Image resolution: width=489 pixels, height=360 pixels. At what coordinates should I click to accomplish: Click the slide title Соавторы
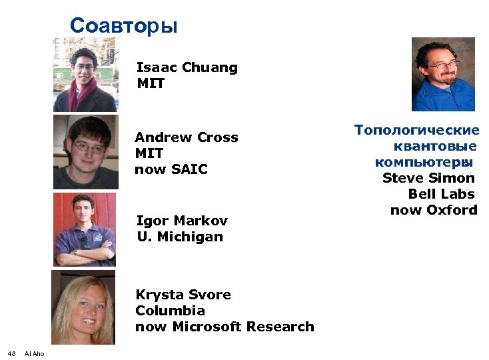point(123,26)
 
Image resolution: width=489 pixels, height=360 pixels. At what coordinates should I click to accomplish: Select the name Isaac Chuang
point(187,67)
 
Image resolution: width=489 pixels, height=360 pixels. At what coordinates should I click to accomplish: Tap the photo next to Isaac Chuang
point(85,75)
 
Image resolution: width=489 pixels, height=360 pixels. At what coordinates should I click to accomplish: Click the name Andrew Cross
point(186,137)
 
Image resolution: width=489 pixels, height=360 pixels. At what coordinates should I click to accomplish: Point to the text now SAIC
point(171,169)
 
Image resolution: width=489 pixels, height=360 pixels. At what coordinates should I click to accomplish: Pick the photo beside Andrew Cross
point(85,153)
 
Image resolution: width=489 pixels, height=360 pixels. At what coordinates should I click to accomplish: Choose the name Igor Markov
point(181,221)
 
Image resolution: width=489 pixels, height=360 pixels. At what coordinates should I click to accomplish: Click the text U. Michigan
point(179,237)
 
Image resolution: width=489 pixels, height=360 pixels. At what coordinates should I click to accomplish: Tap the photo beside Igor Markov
point(85,229)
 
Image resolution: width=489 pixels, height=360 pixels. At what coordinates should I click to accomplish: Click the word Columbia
point(170,311)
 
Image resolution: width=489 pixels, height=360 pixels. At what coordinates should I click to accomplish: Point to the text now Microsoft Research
point(225,327)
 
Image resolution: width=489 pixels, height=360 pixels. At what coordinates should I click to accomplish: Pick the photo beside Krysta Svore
point(84,307)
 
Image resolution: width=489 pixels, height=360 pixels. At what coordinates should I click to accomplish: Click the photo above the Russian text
point(443,74)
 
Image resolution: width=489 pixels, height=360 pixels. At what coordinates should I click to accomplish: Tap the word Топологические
point(416,130)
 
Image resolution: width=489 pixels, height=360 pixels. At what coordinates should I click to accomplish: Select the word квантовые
point(435,146)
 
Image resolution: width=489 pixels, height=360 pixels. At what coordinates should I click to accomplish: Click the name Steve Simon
point(428,178)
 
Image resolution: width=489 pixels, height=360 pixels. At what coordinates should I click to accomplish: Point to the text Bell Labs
point(441,194)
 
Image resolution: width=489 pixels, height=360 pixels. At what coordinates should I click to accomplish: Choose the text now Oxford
point(434,210)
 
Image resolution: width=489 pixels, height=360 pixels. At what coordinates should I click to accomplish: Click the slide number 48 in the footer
point(11,353)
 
